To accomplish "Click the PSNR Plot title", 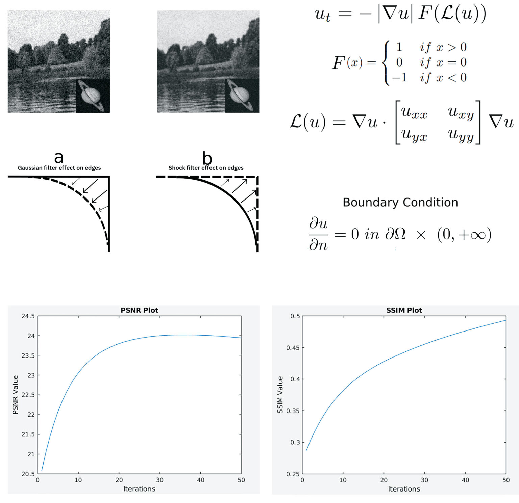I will [x=139, y=310].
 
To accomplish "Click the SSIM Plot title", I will [x=404, y=310].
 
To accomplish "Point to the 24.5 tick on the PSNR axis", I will [x=28, y=316].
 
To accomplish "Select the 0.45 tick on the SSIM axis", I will [x=293, y=348].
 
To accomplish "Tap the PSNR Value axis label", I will [x=15, y=395].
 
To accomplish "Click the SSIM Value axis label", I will [x=280, y=395].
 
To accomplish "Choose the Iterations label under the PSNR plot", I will [x=139, y=489].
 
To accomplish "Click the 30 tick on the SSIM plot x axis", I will [x=424, y=480].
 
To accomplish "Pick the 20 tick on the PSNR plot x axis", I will [x=119, y=480].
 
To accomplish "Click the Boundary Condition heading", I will [x=400, y=202].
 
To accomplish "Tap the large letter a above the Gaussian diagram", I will [x=59, y=157].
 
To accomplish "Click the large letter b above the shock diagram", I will [x=207, y=158].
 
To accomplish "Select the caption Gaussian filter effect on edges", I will [x=59, y=168].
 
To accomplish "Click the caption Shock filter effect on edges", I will [x=206, y=168].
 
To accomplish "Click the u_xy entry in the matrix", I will [x=461, y=112].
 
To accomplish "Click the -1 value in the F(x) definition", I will [x=399, y=78].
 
